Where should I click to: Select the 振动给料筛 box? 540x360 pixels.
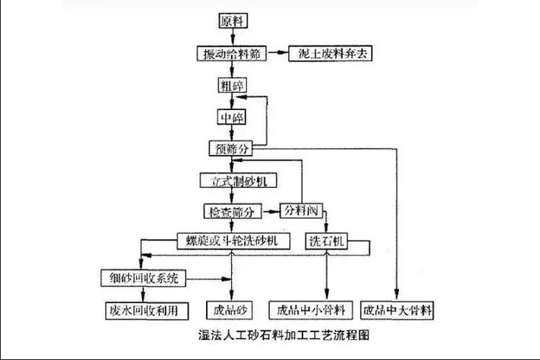pyautogui.click(x=232, y=54)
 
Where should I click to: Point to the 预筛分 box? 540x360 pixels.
pyautogui.click(x=232, y=148)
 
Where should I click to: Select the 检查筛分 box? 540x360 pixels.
pyautogui.click(x=232, y=212)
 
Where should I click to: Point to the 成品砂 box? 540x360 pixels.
pyautogui.click(x=231, y=310)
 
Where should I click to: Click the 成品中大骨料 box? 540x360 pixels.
pyautogui.click(x=398, y=310)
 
